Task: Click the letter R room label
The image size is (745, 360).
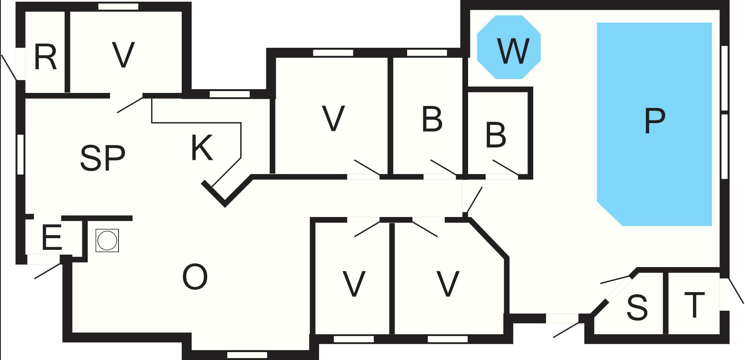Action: click(45, 57)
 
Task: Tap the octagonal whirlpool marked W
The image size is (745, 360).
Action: click(509, 47)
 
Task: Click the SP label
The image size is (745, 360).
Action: click(102, 158)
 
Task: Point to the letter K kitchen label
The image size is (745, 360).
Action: click(202, 148)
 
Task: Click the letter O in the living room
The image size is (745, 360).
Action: click(195, 277)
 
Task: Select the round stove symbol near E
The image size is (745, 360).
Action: click(107, 240)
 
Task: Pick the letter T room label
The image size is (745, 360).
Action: click(694, 305)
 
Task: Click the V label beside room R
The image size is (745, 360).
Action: click(123, 55)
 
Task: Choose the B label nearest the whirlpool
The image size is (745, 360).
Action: click(496, 135)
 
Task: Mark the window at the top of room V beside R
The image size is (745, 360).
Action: click(118, 7)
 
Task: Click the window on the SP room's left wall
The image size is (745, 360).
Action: click(21, 154)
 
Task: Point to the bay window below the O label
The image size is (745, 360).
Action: click(247, 354)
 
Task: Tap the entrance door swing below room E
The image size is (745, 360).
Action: click(48, 271)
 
